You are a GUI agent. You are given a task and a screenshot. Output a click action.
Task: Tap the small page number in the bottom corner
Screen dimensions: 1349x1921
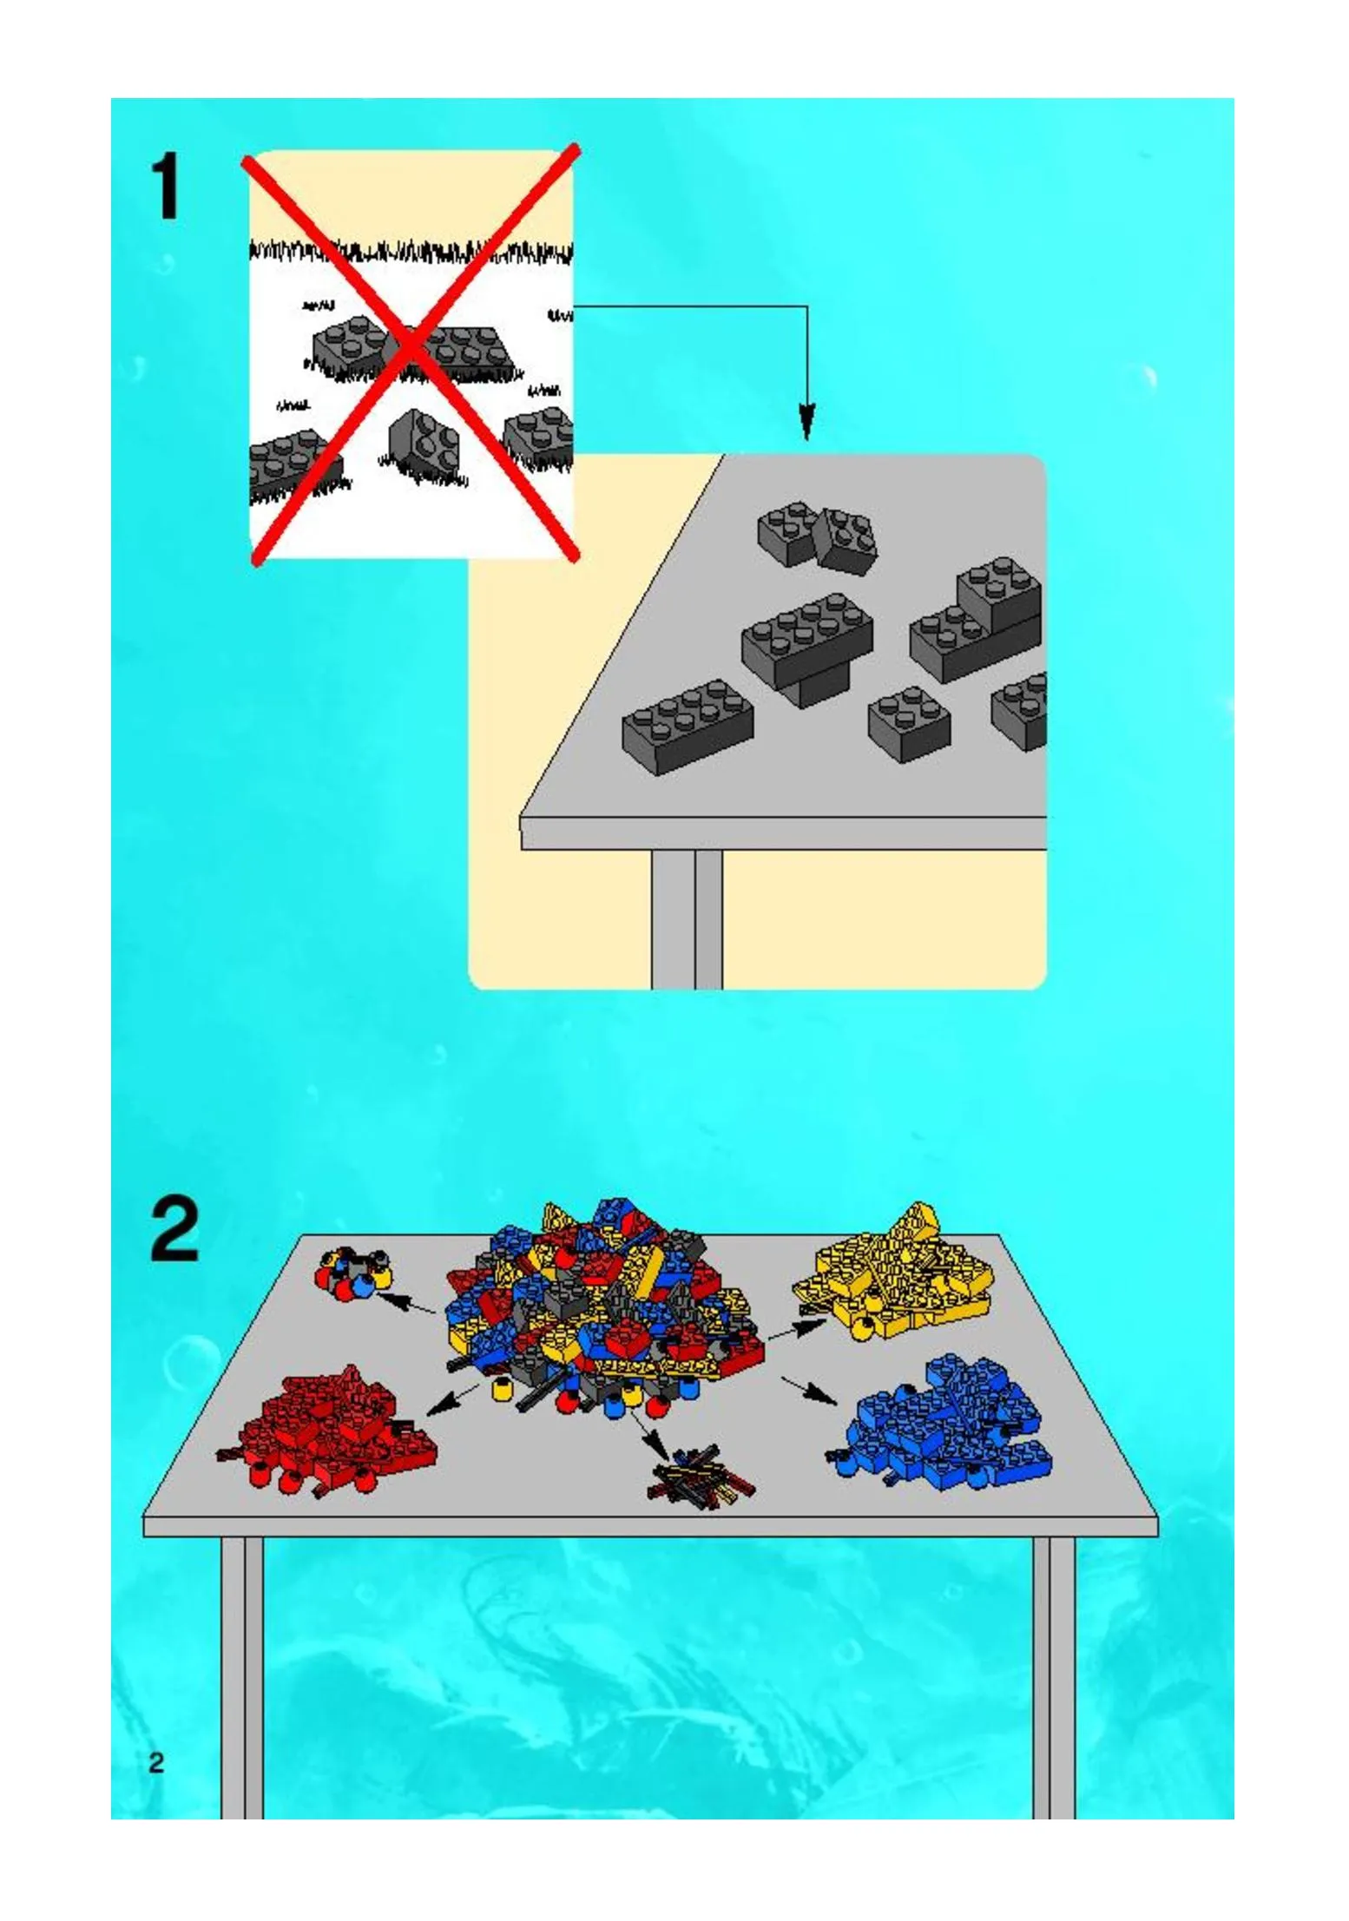click(156, 1763)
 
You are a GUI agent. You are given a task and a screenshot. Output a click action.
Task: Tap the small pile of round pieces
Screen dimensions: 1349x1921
click(352, 1273)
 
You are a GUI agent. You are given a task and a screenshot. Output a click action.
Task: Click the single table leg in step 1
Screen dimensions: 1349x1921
click(687, 918)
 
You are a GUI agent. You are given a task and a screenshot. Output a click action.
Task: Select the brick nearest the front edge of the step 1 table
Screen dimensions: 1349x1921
click(687, 726)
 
